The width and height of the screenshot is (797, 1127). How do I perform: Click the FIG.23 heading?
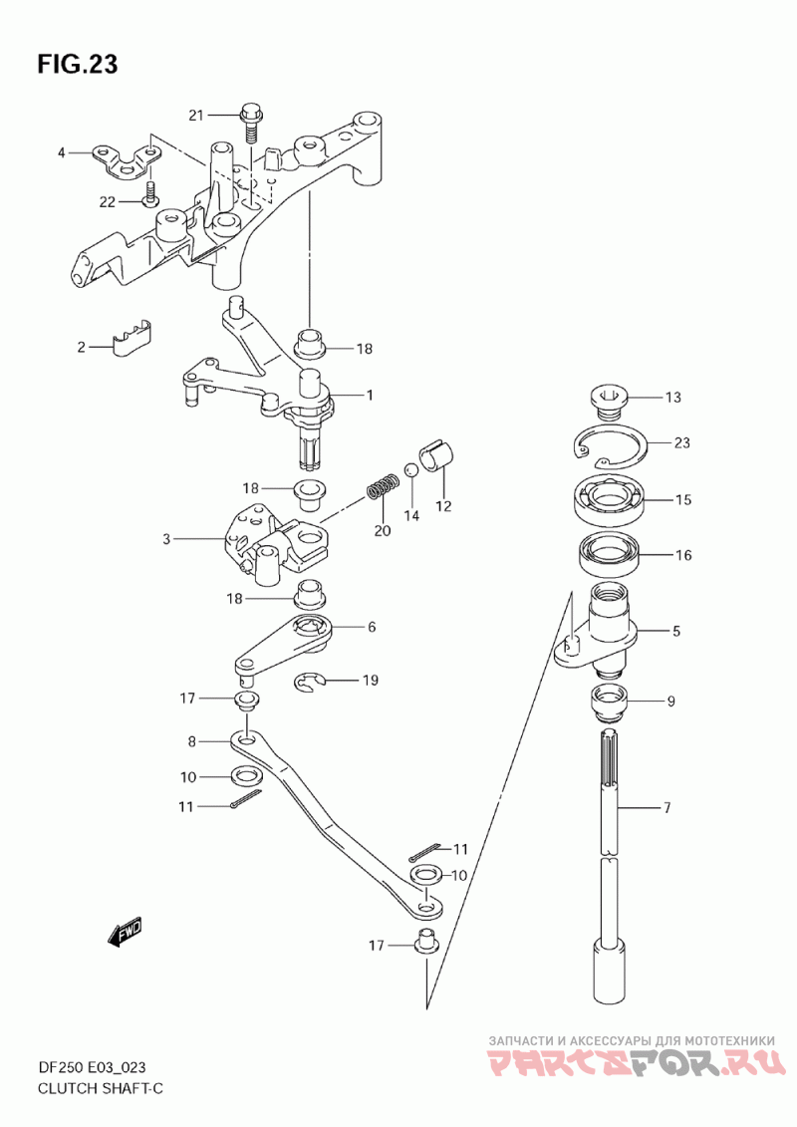(77, 64)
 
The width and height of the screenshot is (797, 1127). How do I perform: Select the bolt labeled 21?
(250, 125)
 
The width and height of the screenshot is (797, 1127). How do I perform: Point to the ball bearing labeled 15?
(611, 499)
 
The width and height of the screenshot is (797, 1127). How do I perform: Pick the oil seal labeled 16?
(611, 554)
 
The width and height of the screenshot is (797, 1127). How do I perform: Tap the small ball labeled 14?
(410, 470)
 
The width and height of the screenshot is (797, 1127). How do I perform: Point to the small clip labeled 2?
(133, 336)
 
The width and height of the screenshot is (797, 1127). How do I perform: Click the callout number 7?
(666, 808)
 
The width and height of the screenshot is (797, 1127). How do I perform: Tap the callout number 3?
(166, 538)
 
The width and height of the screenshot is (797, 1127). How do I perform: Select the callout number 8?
(192, 741)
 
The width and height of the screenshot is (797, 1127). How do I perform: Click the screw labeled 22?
(150, 193)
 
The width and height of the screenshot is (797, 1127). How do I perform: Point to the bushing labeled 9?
(610, 702)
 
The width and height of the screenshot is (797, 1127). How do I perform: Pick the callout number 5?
(675, 631)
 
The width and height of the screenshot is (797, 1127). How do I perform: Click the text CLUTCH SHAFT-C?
(100, 1088)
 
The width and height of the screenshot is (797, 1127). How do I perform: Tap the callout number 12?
(443, 506)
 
